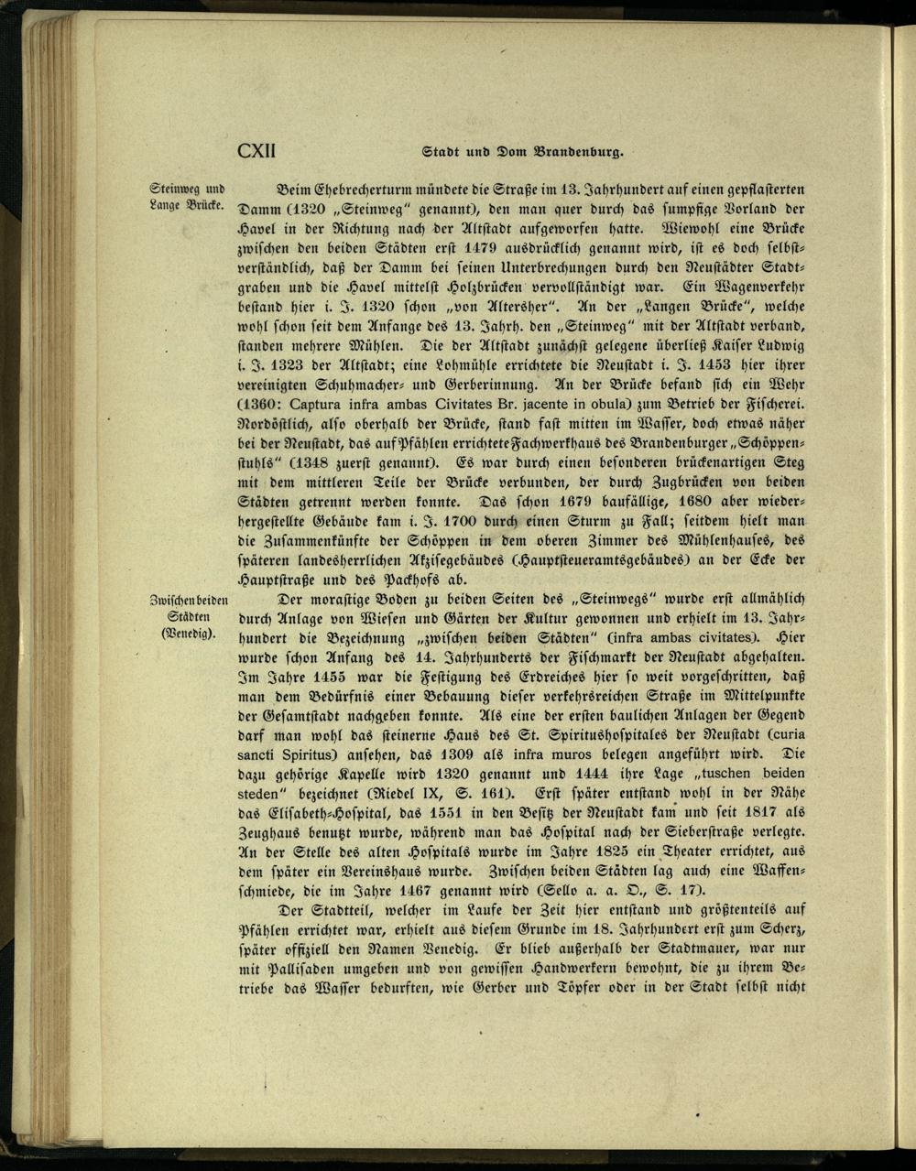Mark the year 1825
pos(555,855)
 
